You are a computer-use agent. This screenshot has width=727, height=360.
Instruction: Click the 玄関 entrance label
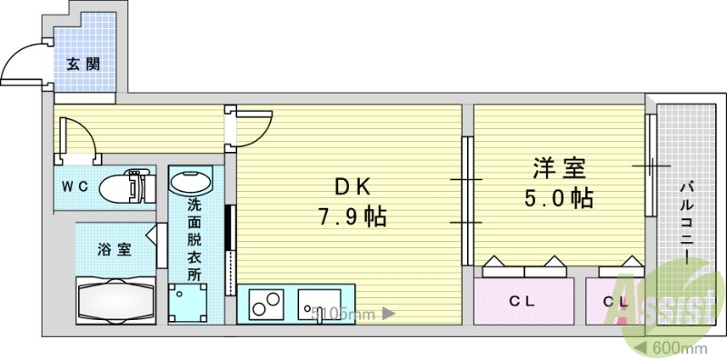tap(83, 65)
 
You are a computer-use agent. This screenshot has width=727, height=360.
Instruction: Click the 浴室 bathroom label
tap(115, 249)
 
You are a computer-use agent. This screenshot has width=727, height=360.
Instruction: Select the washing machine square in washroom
tap(188, 304)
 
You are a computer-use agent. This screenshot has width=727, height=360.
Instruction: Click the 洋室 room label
tap(559, 167)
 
